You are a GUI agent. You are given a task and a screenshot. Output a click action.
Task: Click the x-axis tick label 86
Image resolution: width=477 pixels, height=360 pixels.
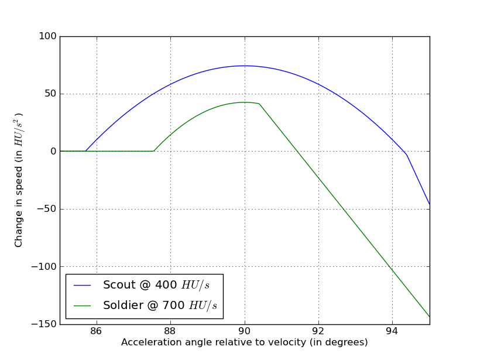click(97, 332)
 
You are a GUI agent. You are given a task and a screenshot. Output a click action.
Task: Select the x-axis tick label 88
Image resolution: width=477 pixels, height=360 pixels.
click(170, 332)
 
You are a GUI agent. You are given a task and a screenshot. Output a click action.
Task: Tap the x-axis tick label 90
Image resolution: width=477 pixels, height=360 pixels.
click(245, 332)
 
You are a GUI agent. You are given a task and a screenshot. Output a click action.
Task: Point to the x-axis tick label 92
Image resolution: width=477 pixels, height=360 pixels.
click(318, 332)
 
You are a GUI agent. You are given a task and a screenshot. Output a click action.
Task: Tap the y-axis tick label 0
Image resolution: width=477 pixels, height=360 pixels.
click(53, 152)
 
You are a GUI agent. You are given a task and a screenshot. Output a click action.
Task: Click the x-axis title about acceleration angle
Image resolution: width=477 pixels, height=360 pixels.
click(245, 342)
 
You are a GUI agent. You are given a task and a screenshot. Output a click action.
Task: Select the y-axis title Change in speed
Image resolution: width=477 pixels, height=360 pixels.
click(19, 180)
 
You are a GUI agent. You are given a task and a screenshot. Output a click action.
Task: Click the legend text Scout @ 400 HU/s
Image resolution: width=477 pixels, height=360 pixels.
click(156, 285)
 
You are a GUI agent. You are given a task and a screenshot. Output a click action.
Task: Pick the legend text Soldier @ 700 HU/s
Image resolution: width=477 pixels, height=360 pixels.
click(160, 305)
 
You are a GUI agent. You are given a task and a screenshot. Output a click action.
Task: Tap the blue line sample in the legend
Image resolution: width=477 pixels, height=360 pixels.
click(82, 285)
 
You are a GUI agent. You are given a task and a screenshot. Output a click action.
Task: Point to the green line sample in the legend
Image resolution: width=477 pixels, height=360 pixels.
click(82, 305)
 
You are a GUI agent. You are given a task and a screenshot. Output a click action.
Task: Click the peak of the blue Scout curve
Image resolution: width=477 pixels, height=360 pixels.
click(245, 66)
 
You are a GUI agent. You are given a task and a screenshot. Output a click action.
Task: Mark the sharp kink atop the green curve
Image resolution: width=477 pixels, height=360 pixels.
click(259, 104)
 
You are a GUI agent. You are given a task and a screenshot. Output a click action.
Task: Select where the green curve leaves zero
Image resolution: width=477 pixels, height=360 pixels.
click(154, 151)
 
